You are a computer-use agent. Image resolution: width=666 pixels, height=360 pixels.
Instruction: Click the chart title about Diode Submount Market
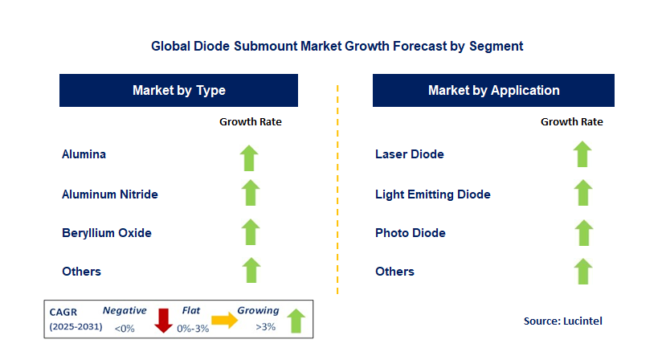pos(337,46)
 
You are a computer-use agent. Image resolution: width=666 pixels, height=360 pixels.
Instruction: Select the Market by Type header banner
pos(178,91)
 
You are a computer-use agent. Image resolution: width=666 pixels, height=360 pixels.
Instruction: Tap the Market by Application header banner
pos(493,91)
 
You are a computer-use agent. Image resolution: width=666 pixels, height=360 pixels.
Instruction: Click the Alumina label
pos(84,153)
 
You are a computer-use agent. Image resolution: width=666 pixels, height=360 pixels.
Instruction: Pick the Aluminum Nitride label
pos(110,194)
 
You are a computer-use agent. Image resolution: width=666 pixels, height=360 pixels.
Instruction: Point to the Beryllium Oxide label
pos(107,233)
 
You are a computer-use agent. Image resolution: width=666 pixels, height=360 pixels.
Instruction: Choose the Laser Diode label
pos(410,153)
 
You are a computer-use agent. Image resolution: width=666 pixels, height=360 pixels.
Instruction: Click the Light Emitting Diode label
pos(432,194)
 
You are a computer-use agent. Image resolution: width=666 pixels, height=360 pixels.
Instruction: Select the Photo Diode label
pos(411,233)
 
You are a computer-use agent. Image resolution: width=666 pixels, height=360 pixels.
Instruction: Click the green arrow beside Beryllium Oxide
pos(251,233)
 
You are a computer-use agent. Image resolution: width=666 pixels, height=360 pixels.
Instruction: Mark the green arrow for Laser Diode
pos(582,153)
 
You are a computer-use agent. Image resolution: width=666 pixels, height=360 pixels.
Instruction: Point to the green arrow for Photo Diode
pos(582,233)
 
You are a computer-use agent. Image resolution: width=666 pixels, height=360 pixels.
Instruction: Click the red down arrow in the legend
pos(164,320)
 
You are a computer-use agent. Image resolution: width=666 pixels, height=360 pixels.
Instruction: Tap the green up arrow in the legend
pos(296,320)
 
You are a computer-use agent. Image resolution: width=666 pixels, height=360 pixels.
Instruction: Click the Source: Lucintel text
pos(562,321)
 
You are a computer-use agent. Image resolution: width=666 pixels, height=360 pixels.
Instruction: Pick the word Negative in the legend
pos(124,310)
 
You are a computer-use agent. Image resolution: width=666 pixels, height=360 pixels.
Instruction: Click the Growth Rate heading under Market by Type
pos(251,122)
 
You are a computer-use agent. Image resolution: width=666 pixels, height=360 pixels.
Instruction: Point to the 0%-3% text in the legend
pos(194,327)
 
